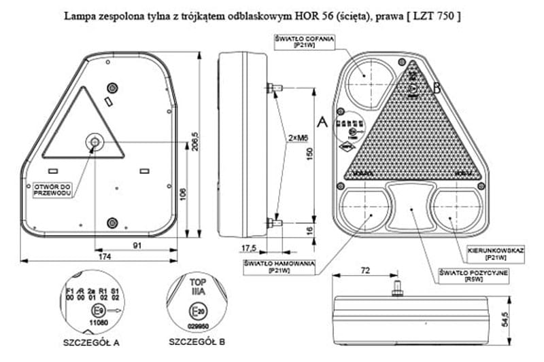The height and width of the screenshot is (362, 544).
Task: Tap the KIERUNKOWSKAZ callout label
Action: tap(496, 254)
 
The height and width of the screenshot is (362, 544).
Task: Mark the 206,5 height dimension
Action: tap(196, 143)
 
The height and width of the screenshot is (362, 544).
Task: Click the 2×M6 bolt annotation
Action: tap(297, 138)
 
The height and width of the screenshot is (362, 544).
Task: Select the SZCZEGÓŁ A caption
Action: tap(91, 342)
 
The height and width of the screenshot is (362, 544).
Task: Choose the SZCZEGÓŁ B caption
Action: tap(197, 341)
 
